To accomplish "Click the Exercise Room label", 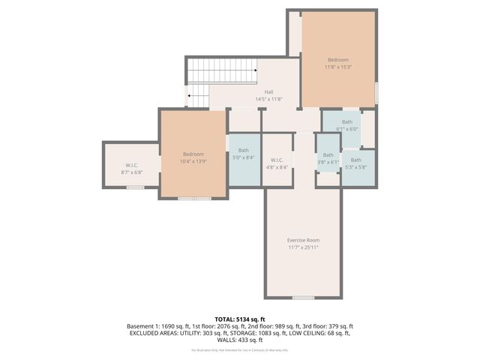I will (303, 240).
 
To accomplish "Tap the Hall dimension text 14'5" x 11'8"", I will (268, 99).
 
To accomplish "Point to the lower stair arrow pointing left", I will (190, 96).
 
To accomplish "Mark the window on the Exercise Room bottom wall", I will (303, 298).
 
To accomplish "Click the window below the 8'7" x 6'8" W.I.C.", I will (135, 187).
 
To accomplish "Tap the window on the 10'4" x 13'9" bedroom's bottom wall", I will (194, 198).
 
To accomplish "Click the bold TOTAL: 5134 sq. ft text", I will (239, 319).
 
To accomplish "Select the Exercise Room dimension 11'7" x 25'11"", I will (303, 247).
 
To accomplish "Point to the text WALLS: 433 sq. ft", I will (239, 340).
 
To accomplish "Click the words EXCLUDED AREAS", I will (149, 333).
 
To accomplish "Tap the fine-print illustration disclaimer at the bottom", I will (239, 350).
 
